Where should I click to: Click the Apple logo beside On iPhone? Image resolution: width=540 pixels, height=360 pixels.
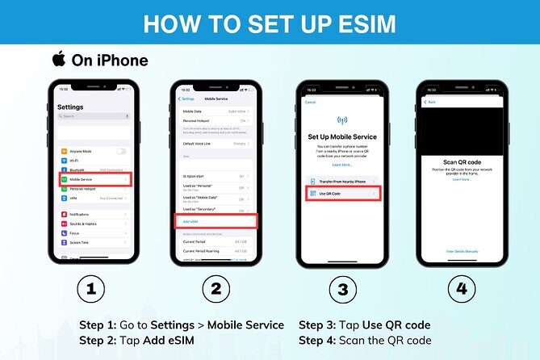pyautogui.click(x=58, y=59)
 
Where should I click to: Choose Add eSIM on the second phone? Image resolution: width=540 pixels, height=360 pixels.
pyautogui.click(x=216, y=220)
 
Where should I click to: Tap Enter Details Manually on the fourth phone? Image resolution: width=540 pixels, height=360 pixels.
pyautogui.click(x=463, y=251)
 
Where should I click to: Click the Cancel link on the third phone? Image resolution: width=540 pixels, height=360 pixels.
pyautogui.click(x=310, y=103)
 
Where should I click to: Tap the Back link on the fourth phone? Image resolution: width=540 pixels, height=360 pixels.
pyautogui.click(x=431, y=103)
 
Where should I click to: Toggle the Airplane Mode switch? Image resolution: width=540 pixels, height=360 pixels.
pyautogui.click(x=122, y=151)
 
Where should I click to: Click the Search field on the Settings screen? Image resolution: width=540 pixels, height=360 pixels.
pyautogui.click(x=92, y=116)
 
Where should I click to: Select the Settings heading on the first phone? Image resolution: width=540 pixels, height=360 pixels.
pyautogui.click(x=71, y=107)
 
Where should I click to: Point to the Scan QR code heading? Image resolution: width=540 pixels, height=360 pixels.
pyautogui.click(x=463, y=162)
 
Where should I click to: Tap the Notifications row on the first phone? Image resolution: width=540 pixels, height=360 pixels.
pyautogui.click(x=93, y=214)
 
